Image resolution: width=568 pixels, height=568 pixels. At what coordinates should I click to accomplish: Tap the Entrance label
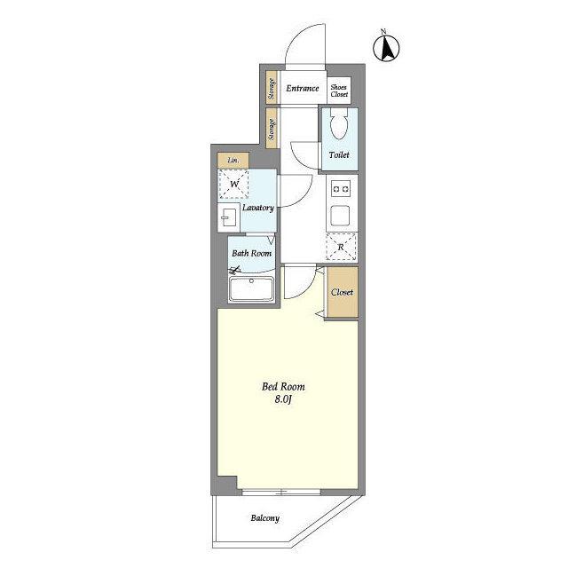(x=303, y=88)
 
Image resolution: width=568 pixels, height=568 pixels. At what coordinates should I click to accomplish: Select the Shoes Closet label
(x=339, y=91)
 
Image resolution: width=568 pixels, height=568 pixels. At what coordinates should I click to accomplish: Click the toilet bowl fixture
(x=339, y=123)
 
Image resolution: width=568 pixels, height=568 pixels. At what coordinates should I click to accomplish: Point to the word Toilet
(x=339, y=154)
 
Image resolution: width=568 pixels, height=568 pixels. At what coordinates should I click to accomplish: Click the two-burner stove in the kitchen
(x=341, y=189)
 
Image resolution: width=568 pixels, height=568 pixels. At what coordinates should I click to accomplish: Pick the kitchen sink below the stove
(x=340, y=216)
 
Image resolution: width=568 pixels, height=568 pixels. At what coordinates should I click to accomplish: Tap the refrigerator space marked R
(x=341, y=247)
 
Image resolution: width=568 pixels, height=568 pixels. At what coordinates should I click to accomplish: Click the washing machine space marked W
(x=233, y=184)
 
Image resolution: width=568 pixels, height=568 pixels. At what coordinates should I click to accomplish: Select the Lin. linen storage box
(x=233, y=160)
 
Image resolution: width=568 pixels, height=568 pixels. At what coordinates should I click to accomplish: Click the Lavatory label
(x=258, y=208)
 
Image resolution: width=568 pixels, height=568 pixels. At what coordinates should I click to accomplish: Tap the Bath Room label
(x=252, y=253)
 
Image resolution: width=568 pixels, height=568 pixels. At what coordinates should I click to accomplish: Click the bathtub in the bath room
(x=251, y=288)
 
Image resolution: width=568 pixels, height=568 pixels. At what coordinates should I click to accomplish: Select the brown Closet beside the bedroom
(x=343, y=292)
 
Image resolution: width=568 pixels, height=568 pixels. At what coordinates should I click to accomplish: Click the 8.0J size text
(x=283, y=399)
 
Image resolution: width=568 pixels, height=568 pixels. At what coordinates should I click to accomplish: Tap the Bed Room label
(x=283, y=387)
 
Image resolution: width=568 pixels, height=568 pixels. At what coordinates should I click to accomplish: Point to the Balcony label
(x=265, y=518)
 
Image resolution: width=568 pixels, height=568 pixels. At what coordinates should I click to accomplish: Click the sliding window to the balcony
(x=281, y=492)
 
